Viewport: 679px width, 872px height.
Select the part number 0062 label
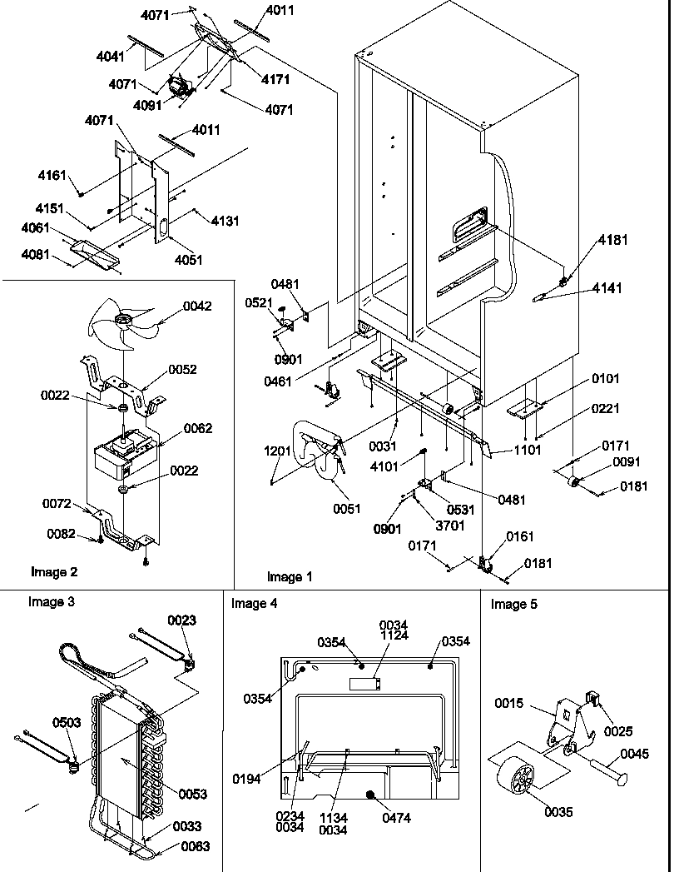pyautogui.click(x=198, y=428)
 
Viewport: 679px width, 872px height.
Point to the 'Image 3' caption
pyautogui.click(x=51, y=601)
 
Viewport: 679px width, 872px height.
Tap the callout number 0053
pyautogui.click(x=193, y=794)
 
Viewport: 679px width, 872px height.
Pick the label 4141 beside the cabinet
pyautogui.click(x=607, y=288)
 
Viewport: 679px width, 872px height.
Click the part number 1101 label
pyautogui.click(x=527, y=451)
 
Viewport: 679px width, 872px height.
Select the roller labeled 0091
pyautogui.click(x=572, y=482)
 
